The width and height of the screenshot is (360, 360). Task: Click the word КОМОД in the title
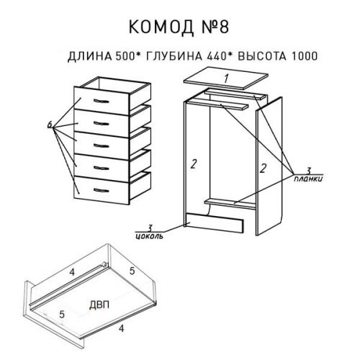point(161,27)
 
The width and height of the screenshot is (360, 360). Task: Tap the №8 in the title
point(215,27)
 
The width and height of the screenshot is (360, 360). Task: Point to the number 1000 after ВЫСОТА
point(305,56)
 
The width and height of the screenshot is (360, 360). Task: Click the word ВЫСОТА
point(262,56)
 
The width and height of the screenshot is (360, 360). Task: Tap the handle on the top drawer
point(101,101)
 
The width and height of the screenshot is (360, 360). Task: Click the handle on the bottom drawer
point(101,191)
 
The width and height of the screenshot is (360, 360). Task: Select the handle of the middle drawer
point(101,146)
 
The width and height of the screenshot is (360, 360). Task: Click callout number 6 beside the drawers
point(50,125)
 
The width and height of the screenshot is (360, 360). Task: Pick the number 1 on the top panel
point(226,78)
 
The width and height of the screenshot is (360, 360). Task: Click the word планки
point(308,179)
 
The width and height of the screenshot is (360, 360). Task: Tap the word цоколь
point(149,236)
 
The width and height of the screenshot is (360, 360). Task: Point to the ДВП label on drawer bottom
point(99,305)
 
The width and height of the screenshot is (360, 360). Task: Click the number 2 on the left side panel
point(193,164)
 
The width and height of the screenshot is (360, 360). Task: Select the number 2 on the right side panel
point(263,168)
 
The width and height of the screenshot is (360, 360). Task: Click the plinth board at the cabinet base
point(215,222)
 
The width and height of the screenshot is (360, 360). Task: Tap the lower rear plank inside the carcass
point(230,204)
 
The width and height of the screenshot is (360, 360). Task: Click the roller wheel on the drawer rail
point(104,264)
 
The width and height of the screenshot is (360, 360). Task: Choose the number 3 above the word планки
point(309,171)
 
